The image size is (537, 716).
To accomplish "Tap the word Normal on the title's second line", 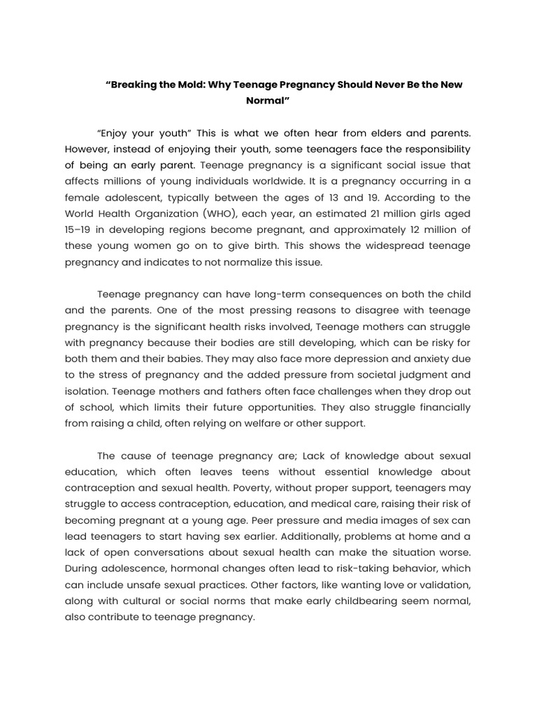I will pos(266,101).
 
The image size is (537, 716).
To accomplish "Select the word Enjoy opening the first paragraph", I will pos(116,133).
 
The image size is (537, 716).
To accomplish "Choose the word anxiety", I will pos(419,359).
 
